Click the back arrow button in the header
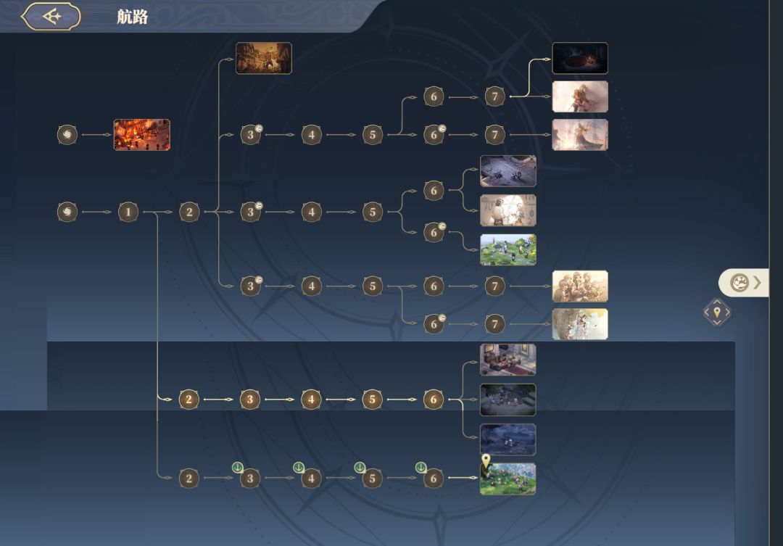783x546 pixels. click(51, 17)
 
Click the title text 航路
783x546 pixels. click(133, 17)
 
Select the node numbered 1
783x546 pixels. click(128, 212)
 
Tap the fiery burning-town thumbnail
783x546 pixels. click(142, 134)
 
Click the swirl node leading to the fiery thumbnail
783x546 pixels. click(67, 134)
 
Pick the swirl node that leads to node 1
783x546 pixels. click(67, 212)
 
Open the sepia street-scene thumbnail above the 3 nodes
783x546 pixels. click(264, 58)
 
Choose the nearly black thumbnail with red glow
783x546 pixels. click(580, 58)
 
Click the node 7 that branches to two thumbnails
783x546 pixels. click(495, 96)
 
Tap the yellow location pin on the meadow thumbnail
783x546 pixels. click(486, 460)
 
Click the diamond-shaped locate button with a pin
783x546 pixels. click(717, 313)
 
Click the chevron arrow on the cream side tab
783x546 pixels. click(758, 283)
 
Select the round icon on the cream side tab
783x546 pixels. click(739, 283)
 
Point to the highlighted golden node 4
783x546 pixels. click(311, 399)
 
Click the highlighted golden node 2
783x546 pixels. click(188, 399)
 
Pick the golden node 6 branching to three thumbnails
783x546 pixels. click(434, 399)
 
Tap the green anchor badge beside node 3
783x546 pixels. click(238, 468)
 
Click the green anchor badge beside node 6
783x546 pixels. click(421, 468)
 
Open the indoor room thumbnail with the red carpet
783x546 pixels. click(507, 359)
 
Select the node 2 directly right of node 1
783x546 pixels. click(189, 212)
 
